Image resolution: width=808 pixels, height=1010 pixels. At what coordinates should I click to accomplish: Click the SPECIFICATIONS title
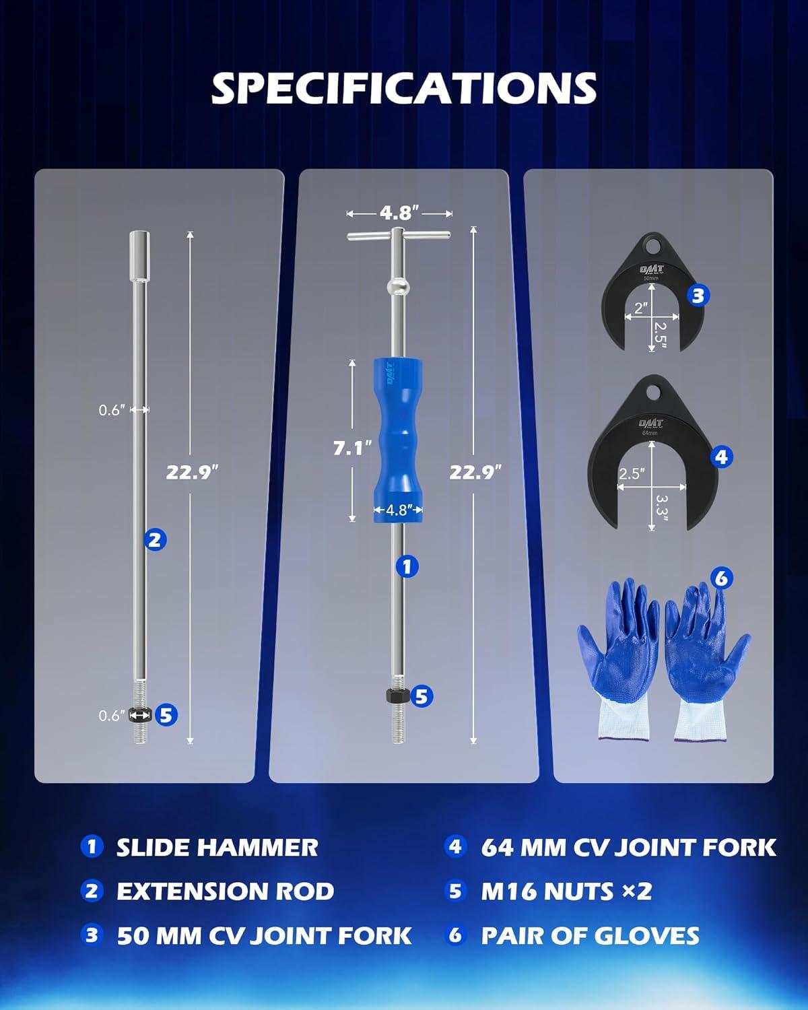click(404, 88)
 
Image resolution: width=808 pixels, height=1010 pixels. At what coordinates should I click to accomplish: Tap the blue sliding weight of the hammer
click(398, 440)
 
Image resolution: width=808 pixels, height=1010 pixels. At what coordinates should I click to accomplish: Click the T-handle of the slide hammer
click(399, 235)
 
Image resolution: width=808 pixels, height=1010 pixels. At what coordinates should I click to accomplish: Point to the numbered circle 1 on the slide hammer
click(407, 566)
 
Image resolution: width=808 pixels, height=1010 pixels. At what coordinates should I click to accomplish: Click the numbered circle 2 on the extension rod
click(155, 540)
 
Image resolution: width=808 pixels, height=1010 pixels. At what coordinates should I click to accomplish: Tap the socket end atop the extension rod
click(139, 257)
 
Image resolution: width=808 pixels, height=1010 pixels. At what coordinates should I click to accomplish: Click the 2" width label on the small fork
click(641, 308)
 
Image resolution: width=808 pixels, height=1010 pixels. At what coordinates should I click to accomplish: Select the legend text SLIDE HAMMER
click(217, 848)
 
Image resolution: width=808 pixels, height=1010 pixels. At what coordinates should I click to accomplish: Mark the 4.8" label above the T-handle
click(399, 213)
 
